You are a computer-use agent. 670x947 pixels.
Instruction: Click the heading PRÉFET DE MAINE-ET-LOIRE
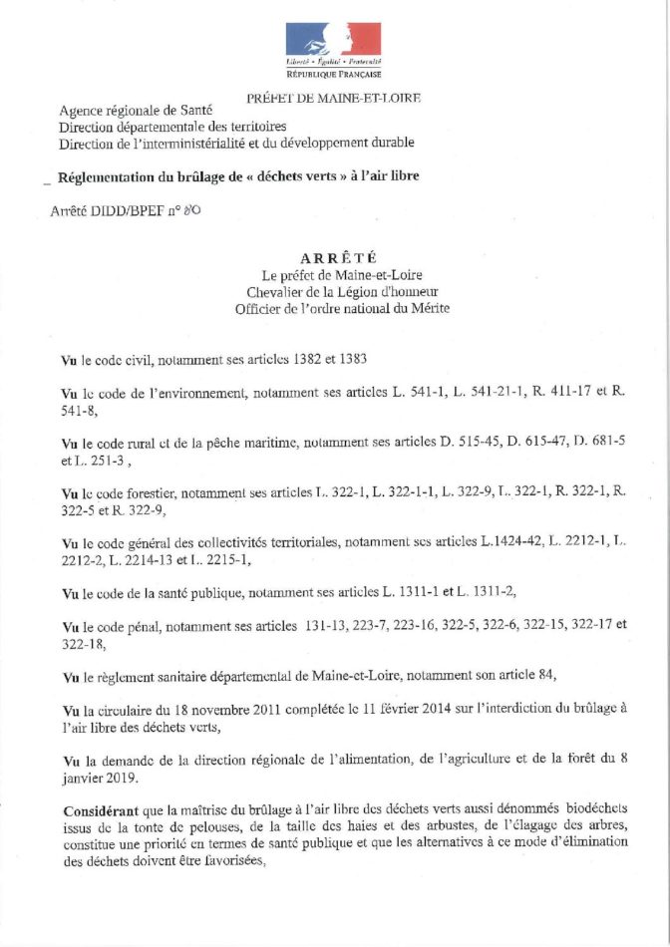click(333, 98)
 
